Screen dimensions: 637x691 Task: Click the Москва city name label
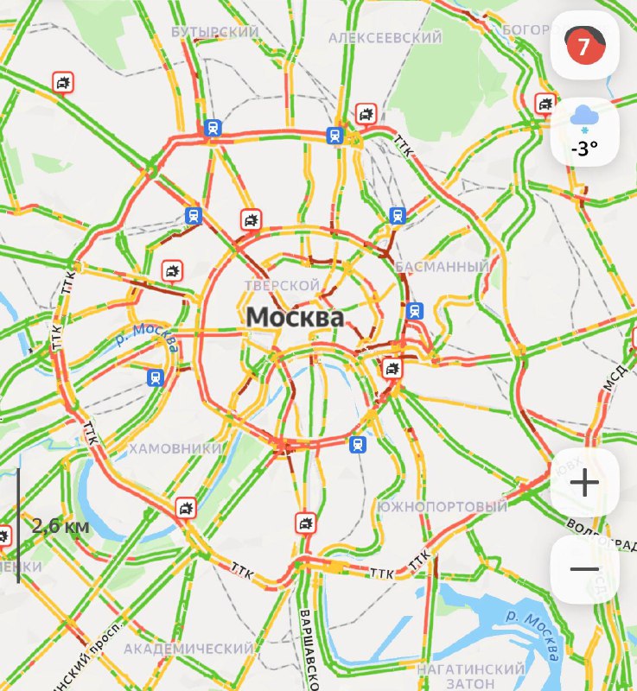pos(295,317)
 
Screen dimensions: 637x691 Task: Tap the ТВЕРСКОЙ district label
pos(283,285)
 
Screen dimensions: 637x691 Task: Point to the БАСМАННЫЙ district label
pos(443,267)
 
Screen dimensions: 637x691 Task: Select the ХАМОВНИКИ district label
pos(175,448)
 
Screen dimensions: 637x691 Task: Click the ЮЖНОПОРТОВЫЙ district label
pos(443,506)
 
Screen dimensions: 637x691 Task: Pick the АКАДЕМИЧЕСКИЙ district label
pos(188,648)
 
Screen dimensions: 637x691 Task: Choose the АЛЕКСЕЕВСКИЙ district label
pos(385,38)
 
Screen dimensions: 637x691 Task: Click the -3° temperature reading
pos(584,149)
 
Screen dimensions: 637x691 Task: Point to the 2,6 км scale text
pos(61,525)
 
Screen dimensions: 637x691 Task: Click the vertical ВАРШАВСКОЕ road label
pos(306,643)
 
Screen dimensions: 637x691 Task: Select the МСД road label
pos(615,377)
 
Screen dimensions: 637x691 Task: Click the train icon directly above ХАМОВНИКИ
pos(156,377)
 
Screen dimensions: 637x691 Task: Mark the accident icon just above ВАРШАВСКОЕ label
pos(305,523)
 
